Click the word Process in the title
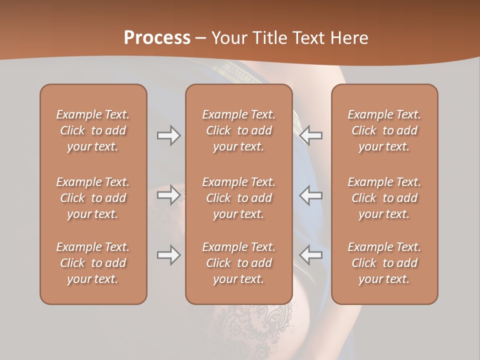click(x=157, y=38)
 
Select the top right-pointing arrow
click(x=168, y=135)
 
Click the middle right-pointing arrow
click(x=168, y=195)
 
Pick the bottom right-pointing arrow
click(x=168, y=255)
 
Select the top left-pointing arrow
click(x=311, y=135)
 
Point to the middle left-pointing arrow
click(x=311, y=195)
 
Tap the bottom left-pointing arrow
click(x=311, y=255)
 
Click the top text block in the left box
click(x=93, y=130)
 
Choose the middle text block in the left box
click(x=93, y=198)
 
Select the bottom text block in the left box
click(x=93, y=263)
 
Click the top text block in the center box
click(x=238, y=130)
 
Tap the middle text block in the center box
click(x=238, y=198)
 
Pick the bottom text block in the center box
click(x=238, y=263)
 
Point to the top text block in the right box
click(x=384, y=130)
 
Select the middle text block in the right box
click(x=384, y=198)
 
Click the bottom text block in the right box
click(x=384, y=263)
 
